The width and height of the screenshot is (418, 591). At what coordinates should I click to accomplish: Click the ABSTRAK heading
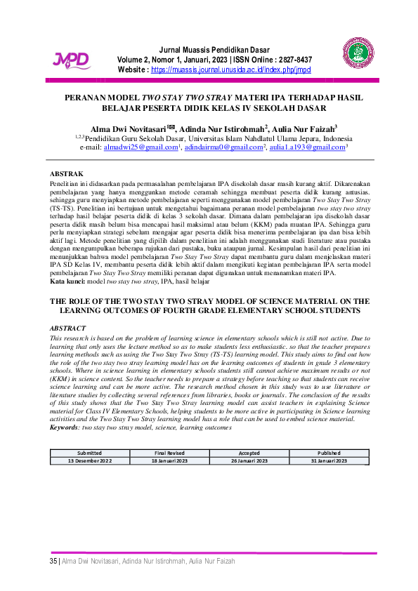pyautogui.click(x=67, y=173)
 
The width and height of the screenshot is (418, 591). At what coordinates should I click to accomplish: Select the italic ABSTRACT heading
pyautogui.click(x=67, y=328)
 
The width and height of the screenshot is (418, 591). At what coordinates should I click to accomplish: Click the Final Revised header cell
pyautogui.click(x=169, y=453)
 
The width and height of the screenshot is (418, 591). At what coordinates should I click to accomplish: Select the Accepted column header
pyautogui.click(x=249, y=453)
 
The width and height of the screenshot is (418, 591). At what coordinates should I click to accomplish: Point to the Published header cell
pyautogui.click(x=329, y=453)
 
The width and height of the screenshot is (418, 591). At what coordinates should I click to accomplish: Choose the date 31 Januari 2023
pyautogui.click(x=329, y=460)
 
